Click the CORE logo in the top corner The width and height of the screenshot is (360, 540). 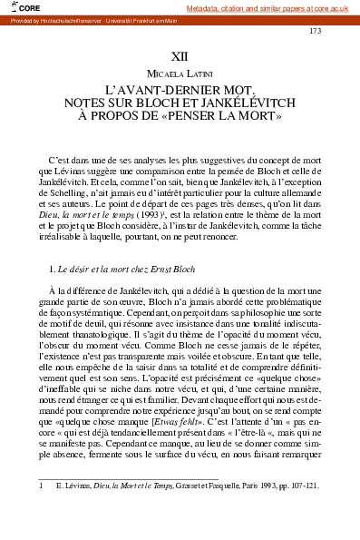(x=20, y=7)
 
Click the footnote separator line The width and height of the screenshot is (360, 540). (x=127, y=479)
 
